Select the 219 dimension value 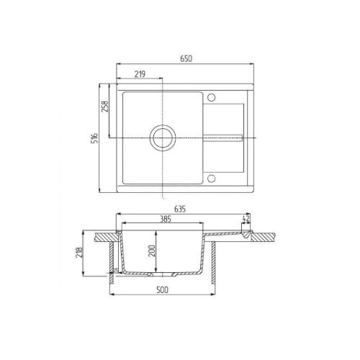tap(140, 73)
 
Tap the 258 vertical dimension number tap(104, 108)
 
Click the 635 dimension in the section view tap(179, 210)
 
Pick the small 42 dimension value tap(247, 218)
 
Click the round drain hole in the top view tap(162, 138)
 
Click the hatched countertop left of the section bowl tap(104, 236)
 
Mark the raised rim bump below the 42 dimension tap(246, 232)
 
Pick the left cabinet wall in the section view tap(111, 263)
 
